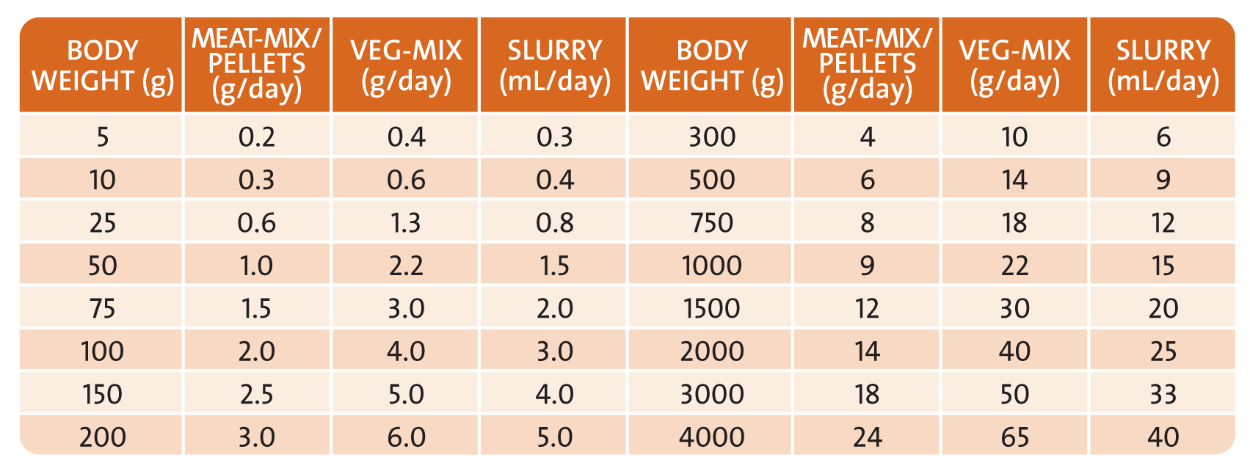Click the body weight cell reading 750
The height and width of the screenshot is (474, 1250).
coord(711,222)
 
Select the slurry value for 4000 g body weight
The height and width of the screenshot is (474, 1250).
coord(1163,437)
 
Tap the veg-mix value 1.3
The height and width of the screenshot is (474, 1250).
coord(406,222)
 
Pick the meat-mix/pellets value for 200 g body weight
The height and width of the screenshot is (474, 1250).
coord(257,437)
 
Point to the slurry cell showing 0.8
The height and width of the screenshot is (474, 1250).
coord(554,222)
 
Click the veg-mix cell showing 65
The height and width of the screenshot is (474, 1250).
coord(1014,437)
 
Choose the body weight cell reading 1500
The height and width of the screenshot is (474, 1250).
coord(711,308)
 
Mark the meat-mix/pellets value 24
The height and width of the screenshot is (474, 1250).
coord(867,437)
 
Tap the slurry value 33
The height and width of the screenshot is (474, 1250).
coord(1163,394)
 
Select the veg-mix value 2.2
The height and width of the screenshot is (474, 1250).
coord(406,265)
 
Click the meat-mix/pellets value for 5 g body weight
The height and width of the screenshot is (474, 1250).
coord(257,137)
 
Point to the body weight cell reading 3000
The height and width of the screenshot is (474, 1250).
coord(711,394)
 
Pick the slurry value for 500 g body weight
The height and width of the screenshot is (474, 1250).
coord(1163,180)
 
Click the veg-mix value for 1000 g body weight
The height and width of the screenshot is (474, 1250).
coord(1014,265)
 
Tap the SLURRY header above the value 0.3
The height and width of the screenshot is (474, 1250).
coord(554,65)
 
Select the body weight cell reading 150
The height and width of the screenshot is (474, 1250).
coord(102,394)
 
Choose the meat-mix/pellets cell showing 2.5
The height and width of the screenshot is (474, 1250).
coord(257,394)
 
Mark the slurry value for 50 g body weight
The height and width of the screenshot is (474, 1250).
coord(554,265)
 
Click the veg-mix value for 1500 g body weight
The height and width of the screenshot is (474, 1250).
coord(1014,308)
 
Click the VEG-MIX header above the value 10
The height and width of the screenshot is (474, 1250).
coord(1014,65)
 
